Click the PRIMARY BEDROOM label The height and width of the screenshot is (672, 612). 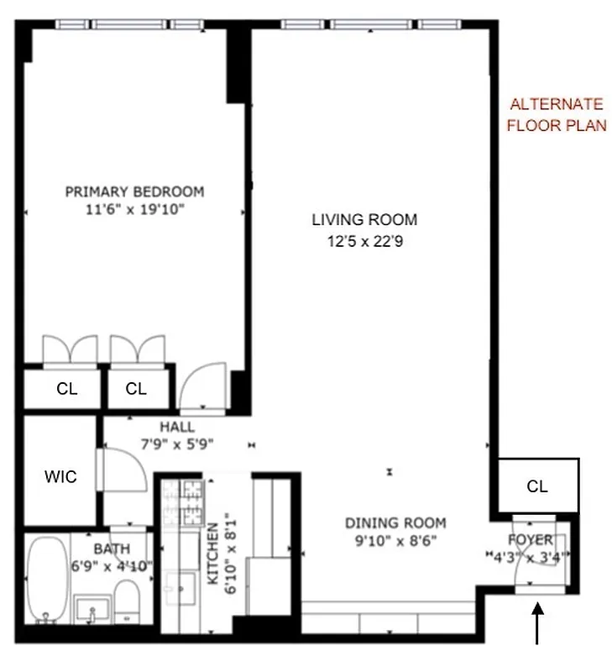point(134,192)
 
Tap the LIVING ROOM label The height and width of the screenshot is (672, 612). point(364,220)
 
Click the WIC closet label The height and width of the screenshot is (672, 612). point(60,477)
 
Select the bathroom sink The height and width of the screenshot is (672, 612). point(90,607)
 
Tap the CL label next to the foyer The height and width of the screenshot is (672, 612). point(537,486)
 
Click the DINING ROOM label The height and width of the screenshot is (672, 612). point(395,522)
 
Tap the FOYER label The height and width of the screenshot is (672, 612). point(531,538)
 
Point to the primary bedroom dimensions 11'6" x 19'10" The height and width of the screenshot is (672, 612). point(134,211)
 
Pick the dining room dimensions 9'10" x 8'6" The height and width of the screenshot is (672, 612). point(395,542)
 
